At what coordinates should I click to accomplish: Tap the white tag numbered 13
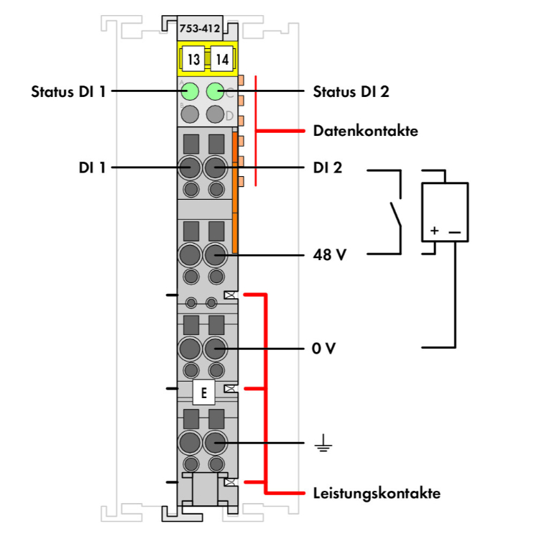point(193,59)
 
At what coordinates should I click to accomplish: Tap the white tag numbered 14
point(222,59)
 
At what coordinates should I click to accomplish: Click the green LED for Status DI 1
point(190,91)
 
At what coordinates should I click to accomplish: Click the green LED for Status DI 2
point(215,91)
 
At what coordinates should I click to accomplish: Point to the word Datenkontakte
point(366,132)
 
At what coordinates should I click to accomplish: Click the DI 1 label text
point(93,168)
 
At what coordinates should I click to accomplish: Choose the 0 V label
point(325,349)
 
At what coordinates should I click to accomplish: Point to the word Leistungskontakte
point(377,494)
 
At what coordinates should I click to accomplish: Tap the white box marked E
point(204,393)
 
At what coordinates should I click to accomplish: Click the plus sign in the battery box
point(434,231)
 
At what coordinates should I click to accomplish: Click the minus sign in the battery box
point(454,231)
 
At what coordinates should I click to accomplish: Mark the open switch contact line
point(395,213)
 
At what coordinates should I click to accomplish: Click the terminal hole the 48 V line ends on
point(215,254)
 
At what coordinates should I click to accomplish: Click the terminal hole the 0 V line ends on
point(215,349)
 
